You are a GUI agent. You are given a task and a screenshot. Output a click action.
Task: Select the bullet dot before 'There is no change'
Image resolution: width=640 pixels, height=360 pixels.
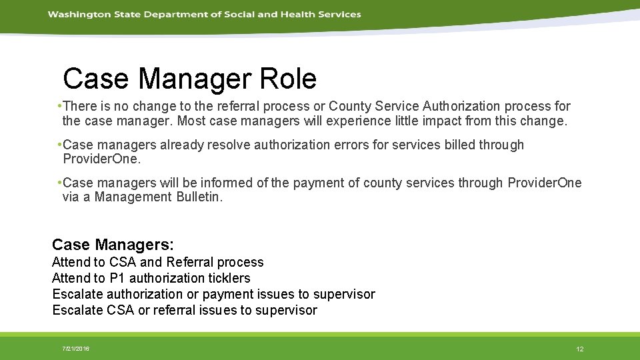click(x=60, y=106)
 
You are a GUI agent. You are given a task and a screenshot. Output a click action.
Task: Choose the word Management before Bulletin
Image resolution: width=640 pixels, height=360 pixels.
click(x=133, y=197)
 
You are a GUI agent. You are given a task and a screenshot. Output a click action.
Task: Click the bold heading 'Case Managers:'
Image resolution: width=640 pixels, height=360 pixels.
click(x=113, y=245)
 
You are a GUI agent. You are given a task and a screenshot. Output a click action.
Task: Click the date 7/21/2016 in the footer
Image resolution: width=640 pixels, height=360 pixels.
click(x=75, y=349)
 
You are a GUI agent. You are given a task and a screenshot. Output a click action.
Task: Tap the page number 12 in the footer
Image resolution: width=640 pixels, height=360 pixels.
click(x=579, y=349)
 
